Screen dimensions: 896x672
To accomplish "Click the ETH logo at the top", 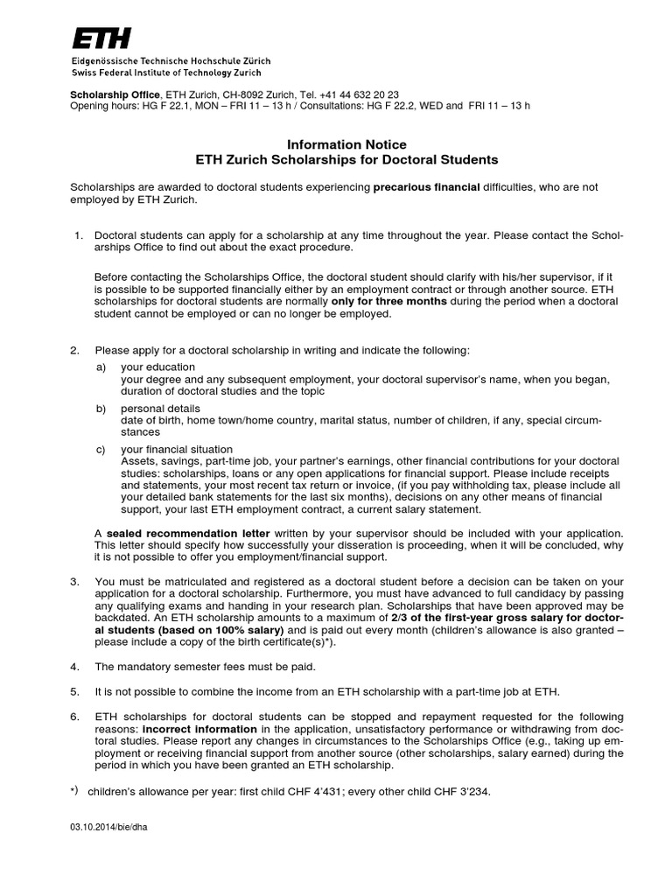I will pos(101,38).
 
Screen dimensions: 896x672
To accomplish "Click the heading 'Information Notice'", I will pos(347,144).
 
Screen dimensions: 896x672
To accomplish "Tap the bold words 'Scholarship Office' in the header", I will pos(115,94).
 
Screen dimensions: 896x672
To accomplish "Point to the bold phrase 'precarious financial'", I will pos(426,187).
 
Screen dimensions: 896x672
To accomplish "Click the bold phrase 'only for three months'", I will pos(389,301).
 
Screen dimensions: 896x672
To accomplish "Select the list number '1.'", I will pos(78,236).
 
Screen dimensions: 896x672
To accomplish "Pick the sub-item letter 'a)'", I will pos(101,367).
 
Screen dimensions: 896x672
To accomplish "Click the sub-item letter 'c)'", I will pos(101,449).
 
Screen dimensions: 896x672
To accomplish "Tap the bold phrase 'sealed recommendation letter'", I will pos(188,533).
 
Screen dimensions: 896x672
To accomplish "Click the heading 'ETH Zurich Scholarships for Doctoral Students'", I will pos(347,160).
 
